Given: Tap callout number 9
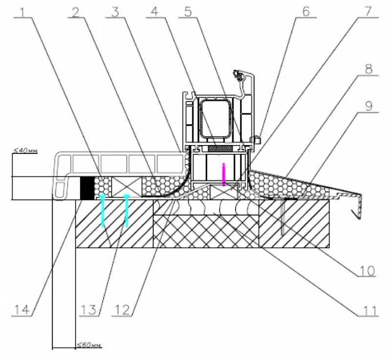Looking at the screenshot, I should click(368, 104).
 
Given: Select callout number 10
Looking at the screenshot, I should click(368, 270).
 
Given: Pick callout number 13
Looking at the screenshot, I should click(89, 310).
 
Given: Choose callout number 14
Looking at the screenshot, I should click(22, 310).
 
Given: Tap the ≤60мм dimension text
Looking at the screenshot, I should click(89, 345).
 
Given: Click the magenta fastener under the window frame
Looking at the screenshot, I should click(224, 174).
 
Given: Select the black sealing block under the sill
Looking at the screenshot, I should click(87, 188).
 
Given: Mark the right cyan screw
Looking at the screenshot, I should click(127, 210).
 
